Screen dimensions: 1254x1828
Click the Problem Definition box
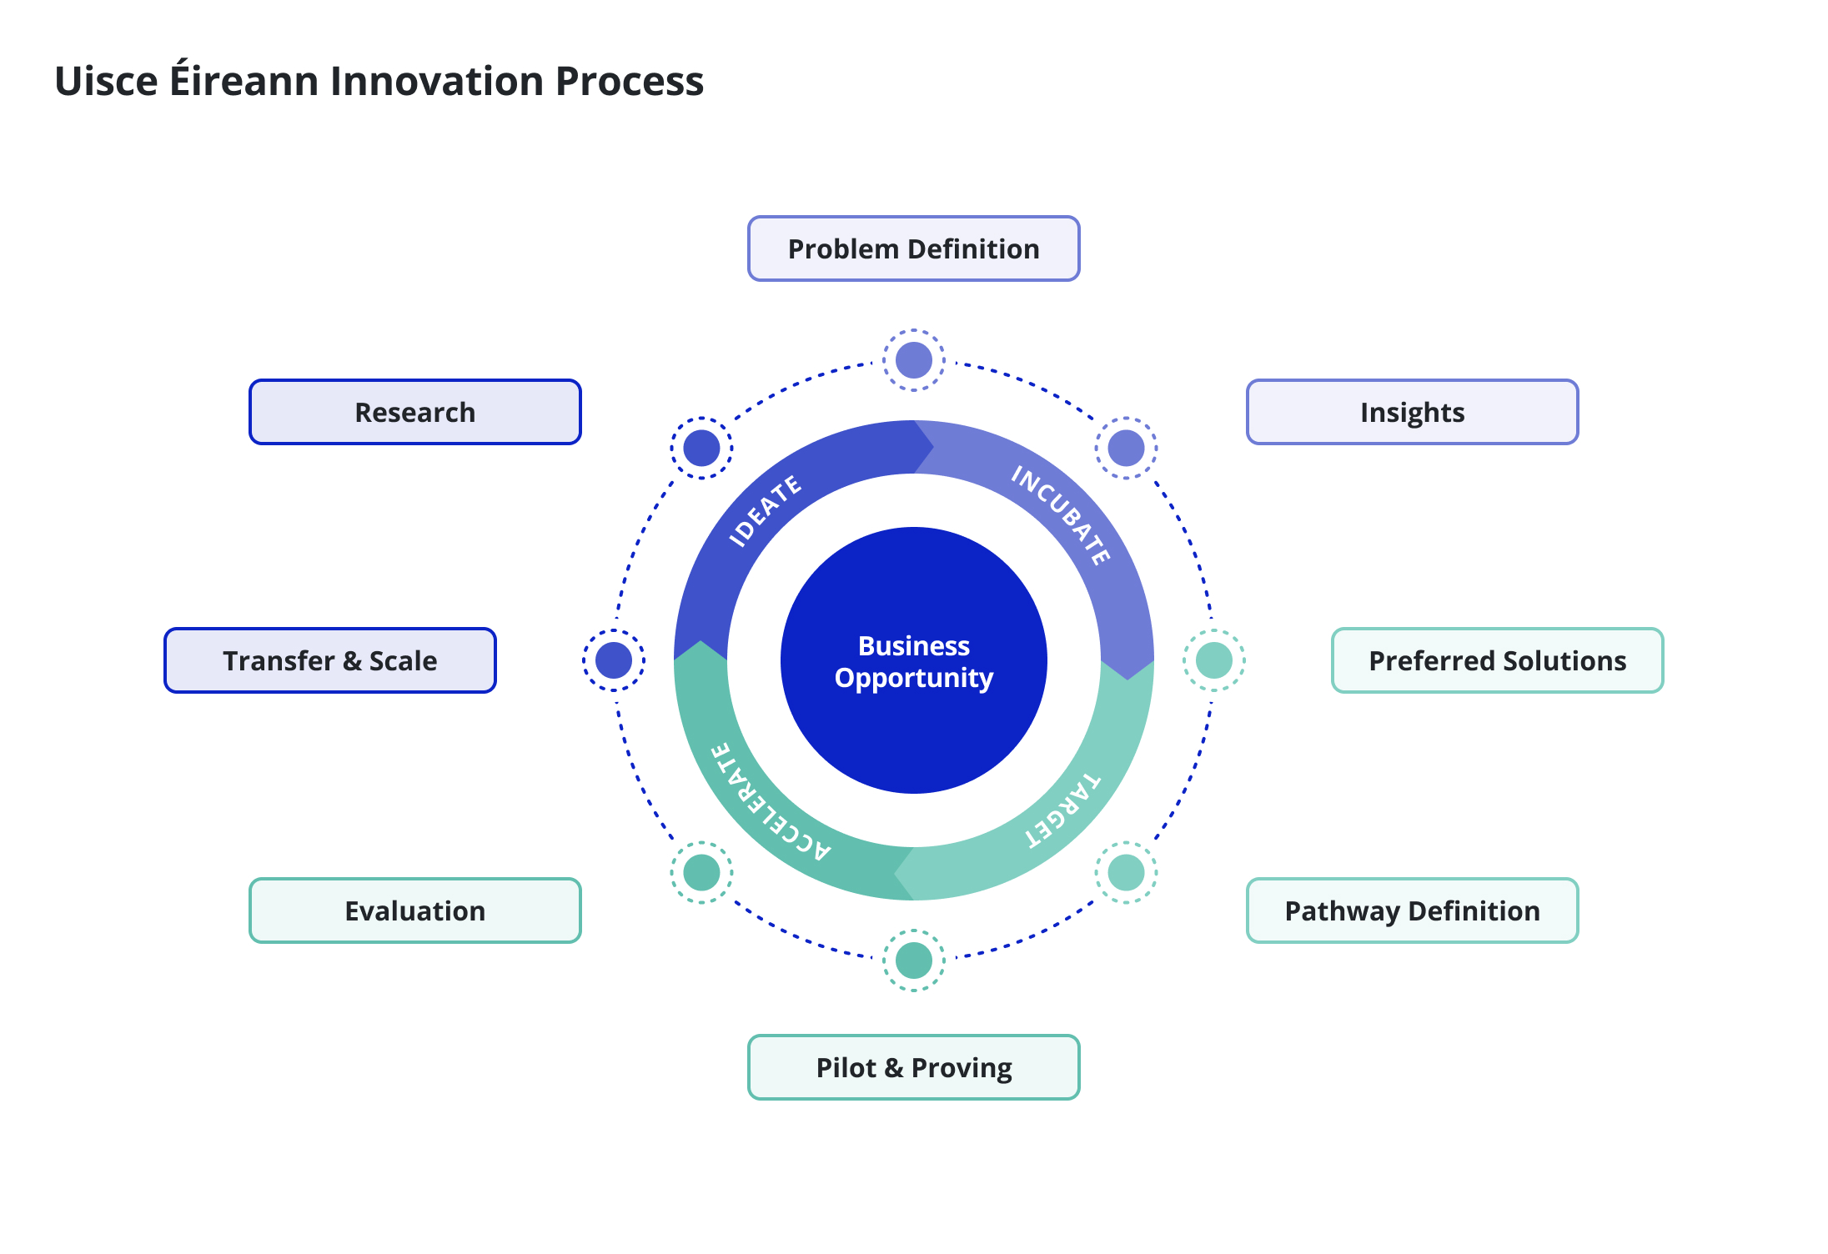pos(913,248)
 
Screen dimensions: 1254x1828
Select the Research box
pos(414,412)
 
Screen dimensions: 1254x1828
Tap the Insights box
pos(1412,412)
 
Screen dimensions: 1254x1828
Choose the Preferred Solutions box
pos(1497,660)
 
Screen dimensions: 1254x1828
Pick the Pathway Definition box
pos(1412,910)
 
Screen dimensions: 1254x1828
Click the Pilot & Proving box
pos(913,1067)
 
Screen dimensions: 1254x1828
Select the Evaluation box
pos(414,910)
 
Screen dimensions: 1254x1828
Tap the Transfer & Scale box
pos(329,660)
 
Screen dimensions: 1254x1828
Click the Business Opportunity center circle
pos(913,660)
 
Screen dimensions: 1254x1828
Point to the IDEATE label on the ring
pos(765,511)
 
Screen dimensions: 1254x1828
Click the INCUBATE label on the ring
pos(1062,514)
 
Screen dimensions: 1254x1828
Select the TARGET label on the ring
pos(1063,810)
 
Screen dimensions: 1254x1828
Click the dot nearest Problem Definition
pos(913,360)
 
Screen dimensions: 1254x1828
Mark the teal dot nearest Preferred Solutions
pos(1213,660)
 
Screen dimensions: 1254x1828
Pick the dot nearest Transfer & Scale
pos(614,660)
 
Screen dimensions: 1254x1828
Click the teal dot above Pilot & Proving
pos(913,961)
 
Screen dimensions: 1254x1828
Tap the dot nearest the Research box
pos(701,448)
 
